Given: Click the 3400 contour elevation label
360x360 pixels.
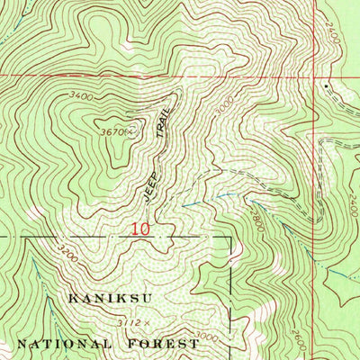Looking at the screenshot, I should click(x=81, y=94).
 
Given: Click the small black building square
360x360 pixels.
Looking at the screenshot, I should click(x=326, y=87).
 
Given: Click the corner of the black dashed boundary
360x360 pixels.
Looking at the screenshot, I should click(x=232, y=237).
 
